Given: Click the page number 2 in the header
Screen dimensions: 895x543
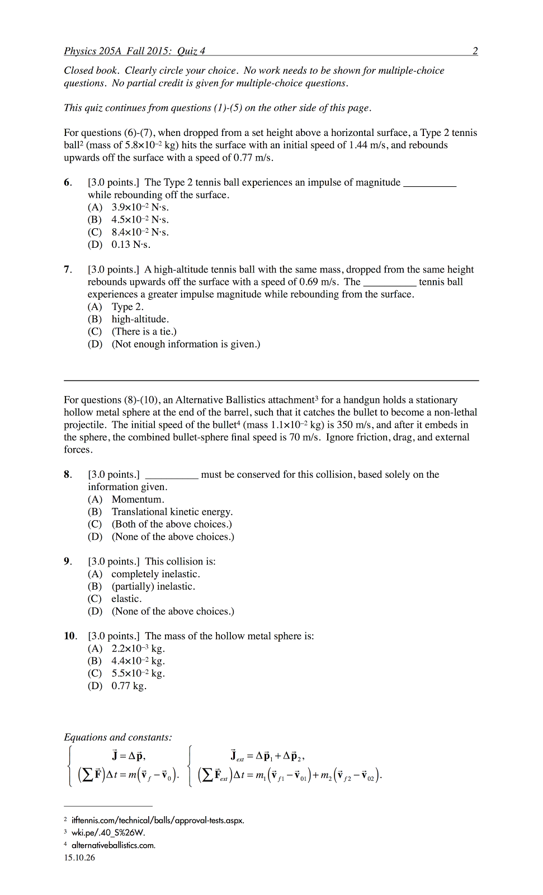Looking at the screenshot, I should (x=475, y=51).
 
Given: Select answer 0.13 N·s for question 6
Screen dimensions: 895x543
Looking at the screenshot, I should (x=131, y=244).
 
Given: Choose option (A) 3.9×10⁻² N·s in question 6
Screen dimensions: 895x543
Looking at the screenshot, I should (x=140, y=207).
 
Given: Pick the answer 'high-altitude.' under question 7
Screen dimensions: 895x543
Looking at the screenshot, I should (x=140, y=319).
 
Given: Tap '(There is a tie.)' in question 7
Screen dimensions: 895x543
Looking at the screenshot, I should (x=144, y=331).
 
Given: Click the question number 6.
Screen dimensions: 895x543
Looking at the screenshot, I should (x=68, y=182).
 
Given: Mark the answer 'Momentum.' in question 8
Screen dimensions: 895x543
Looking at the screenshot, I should (x=138, y=499).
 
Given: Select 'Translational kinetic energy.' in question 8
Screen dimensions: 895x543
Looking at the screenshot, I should (x=172, y=511).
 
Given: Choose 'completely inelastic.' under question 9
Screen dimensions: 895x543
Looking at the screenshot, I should (x=155, y=574).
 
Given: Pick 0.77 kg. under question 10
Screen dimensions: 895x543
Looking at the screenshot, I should (x=129, y=686).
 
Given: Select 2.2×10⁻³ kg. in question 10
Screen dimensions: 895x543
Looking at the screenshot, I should (x=138, y=648).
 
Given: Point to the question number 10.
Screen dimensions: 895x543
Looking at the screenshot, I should (x=70, y=636).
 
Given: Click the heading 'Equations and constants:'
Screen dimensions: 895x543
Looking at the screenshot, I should (x=118, y=737).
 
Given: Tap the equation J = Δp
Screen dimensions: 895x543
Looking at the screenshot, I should (x=129, y=756).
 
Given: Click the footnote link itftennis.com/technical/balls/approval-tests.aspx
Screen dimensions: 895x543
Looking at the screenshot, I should (x=158, y=820).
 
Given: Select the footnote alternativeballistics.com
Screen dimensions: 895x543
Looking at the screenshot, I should (x=114, y=845).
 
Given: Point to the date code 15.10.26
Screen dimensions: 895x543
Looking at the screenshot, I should (x=79, y=858).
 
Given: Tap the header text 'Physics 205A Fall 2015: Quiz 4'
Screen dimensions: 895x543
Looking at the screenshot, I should (x=134, y=51).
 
